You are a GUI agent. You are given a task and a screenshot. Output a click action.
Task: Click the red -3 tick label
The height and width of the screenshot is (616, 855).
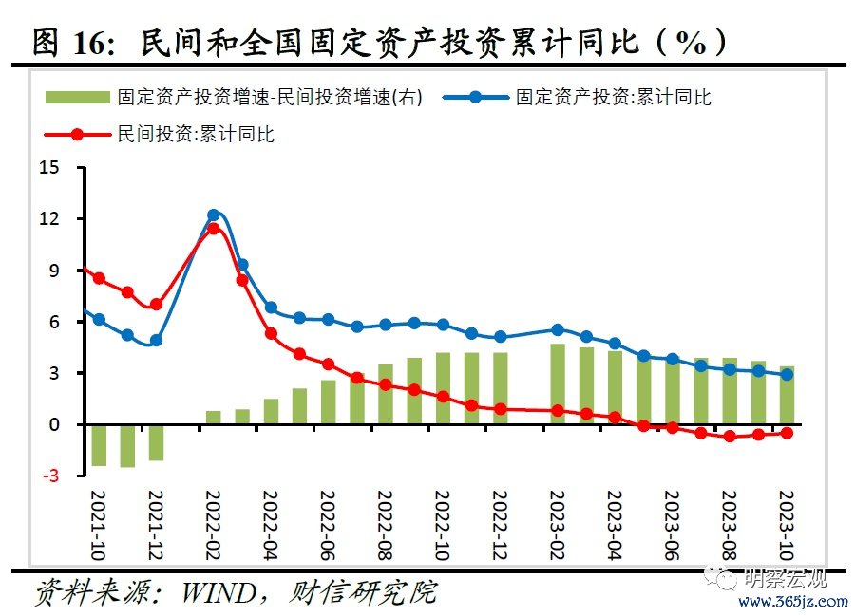click(49, 476)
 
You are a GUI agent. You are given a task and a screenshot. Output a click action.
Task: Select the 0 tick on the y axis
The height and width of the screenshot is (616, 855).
click(54, 425)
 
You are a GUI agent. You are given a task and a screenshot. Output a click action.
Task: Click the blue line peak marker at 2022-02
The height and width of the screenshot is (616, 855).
click(213, 215)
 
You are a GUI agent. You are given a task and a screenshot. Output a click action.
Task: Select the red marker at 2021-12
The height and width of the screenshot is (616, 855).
click(156, 305)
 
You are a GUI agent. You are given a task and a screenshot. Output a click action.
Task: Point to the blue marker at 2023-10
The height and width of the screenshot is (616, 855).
click(787, 375)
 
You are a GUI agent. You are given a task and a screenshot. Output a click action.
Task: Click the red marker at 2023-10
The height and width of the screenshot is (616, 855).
click(787, 433)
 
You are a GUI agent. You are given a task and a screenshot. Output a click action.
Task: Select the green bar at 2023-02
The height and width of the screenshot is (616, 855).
click(558, 384)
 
